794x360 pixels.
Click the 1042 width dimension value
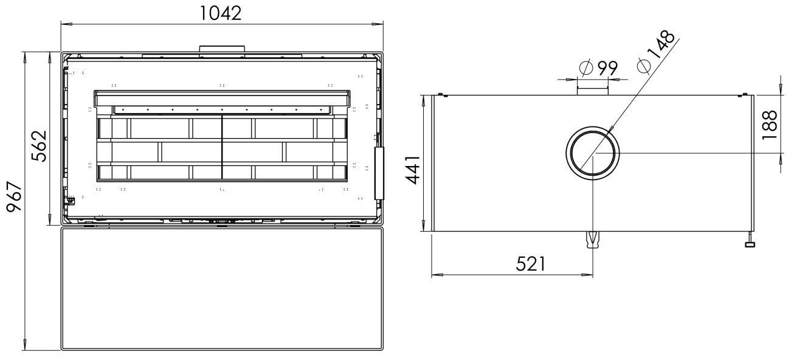tap(221, 13)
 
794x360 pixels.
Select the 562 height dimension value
tap(40, 146)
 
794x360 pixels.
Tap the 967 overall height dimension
tap(15, 197)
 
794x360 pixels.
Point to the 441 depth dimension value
tap(413, 170)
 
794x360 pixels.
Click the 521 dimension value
tap(531, 264)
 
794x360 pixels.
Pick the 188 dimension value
tap(770, 125)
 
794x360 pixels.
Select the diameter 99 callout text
tap(599, 67)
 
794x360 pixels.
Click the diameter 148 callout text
tap(656, 52)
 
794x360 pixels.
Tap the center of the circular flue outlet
tap(593, 153)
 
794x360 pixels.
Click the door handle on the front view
tap(379, 173)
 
